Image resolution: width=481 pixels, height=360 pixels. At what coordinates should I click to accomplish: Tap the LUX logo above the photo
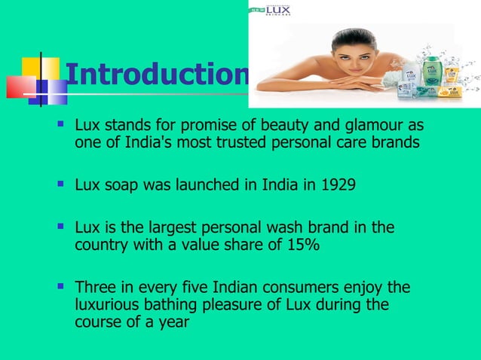click(274, 11)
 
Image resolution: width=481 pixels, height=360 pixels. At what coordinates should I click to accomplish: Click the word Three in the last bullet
click(93, 287)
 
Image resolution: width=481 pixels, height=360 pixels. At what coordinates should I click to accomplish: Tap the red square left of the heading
click(18, 87)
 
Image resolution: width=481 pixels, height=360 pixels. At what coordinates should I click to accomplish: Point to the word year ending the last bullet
click(172, 322)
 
